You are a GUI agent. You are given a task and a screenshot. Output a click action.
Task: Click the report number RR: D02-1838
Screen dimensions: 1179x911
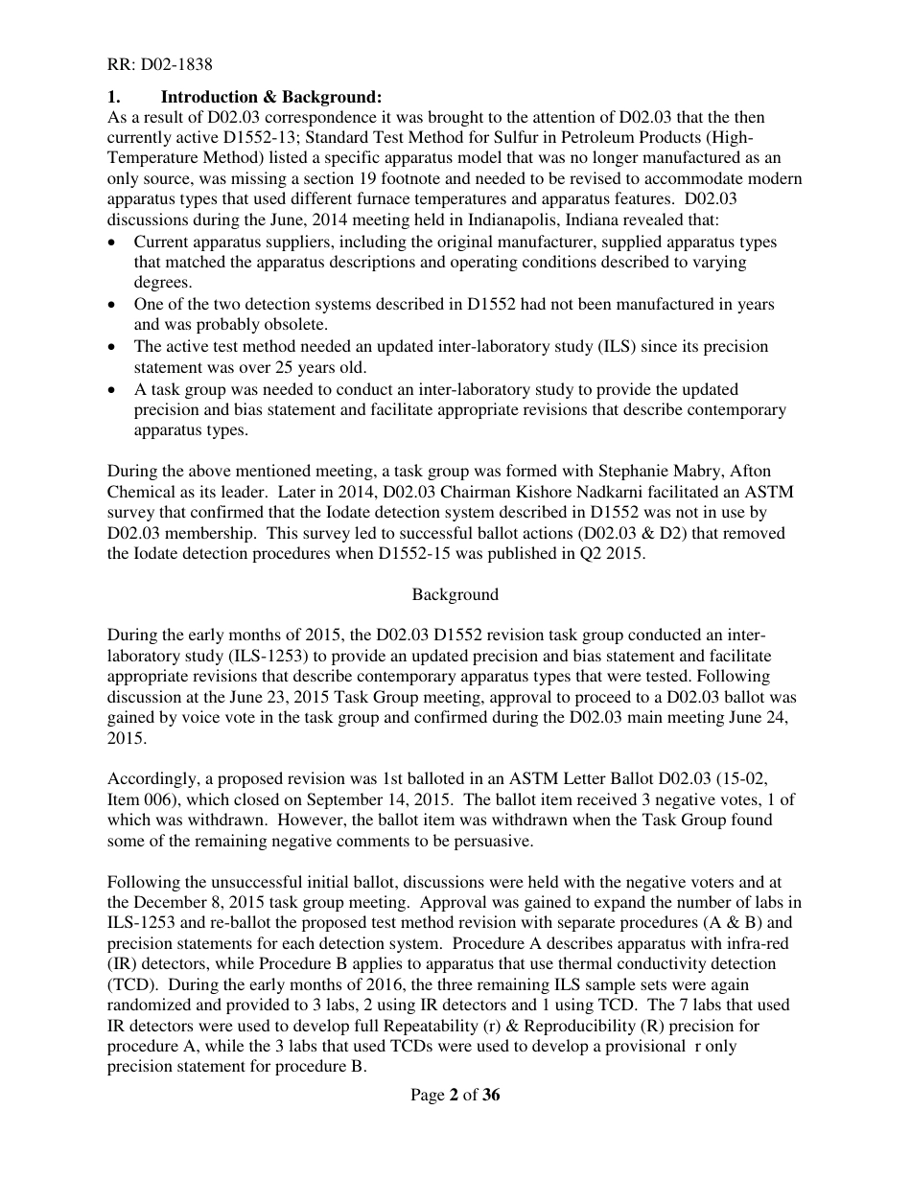point(159,65)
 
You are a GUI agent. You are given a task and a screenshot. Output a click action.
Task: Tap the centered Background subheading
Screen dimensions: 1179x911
point(455,594)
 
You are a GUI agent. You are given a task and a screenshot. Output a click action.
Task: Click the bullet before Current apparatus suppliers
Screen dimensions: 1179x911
point(113,242)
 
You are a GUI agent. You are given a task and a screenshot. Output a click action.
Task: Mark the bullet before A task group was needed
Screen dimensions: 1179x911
point(113,389)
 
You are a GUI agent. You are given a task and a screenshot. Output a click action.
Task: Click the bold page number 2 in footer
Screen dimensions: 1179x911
point(453,1096)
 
